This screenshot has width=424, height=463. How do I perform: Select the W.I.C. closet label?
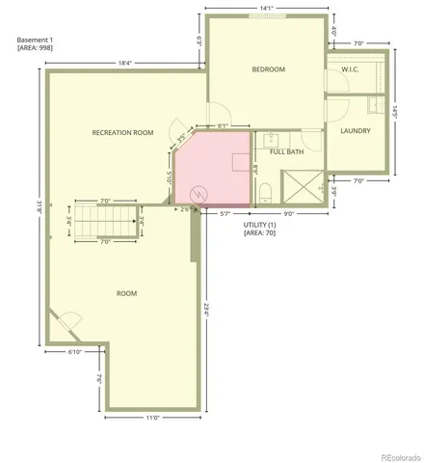click(x=350, y=69)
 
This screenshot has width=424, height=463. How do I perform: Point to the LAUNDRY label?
click(x=356, y=130)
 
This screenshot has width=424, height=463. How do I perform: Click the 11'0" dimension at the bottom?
click(x=152, y=417)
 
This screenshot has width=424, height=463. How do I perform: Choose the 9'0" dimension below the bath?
click(x=287, y=213)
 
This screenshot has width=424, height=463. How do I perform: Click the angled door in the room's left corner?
click(x=67, y=322)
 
